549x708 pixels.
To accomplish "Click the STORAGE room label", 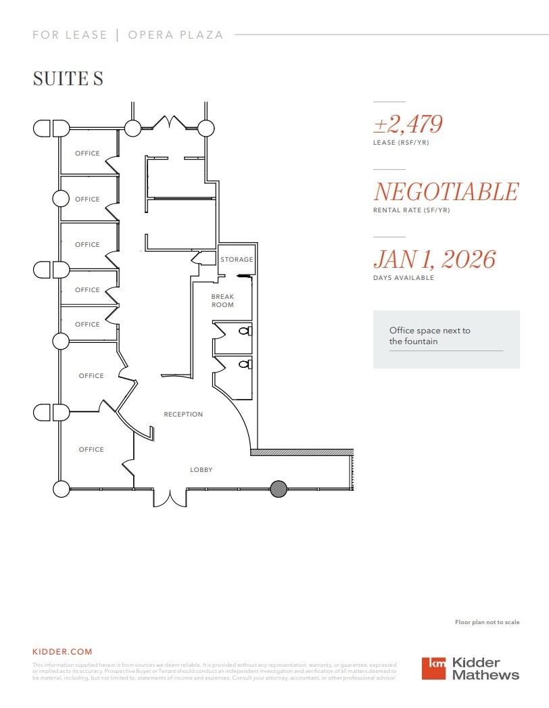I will coord(237,260).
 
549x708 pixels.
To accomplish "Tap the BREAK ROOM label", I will coord(222,301).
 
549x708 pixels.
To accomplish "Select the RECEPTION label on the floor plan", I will coord(183,415).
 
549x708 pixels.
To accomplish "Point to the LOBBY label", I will coord(201,469).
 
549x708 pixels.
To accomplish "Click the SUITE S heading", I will coord(68,78).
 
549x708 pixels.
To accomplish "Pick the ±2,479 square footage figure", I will coord(408,124).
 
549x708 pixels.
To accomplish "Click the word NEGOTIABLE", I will coord(446,192).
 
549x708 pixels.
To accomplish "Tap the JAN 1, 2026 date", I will coord(435,260).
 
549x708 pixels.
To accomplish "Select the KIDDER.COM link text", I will coord(62,652).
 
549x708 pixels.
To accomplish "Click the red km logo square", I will coord(434,668).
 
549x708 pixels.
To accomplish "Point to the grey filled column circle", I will coord(278,489).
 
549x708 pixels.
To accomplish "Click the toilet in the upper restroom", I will coord(248,331).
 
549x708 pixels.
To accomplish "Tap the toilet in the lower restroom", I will coord(248,364).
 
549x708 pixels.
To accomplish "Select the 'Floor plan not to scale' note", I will coord(487,622).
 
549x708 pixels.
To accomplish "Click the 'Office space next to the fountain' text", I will coord(430,336).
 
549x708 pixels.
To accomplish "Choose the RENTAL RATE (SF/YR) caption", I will coord(412,210).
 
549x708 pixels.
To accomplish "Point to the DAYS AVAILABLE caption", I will coord(404,278).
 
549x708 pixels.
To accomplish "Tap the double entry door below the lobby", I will coord(170,498).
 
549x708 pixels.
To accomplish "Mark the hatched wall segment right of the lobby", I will coord(302,452).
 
